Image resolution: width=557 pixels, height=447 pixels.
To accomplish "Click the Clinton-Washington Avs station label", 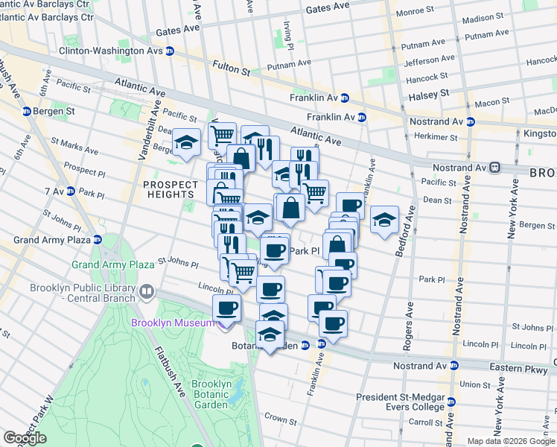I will (x=112, y=51).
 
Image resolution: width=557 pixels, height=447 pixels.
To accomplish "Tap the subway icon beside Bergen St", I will (x=27, y=112).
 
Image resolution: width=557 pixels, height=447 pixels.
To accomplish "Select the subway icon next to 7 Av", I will (x=71, y=191).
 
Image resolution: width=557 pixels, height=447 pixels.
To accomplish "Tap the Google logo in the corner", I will (x=25, y=438).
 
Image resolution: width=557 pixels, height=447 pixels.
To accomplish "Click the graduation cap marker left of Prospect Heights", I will (x=185, y=142).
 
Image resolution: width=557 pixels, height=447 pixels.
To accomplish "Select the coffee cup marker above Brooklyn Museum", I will (x=226, y=306).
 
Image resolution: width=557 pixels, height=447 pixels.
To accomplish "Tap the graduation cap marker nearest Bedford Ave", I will (x=384, y=218).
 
